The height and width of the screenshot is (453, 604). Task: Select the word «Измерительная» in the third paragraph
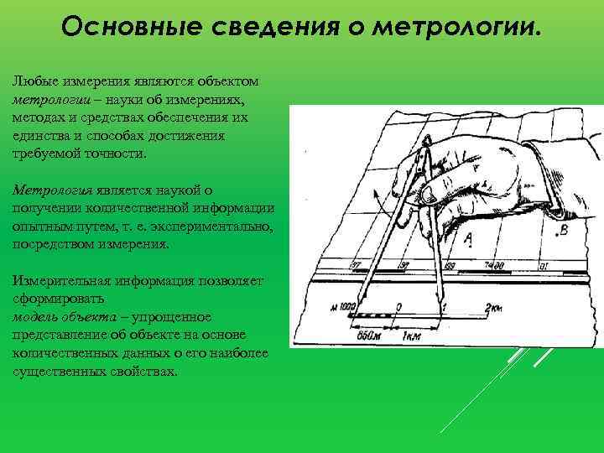pyautogui.click(x=58, y=280)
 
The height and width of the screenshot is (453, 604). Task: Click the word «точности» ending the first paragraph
pyautogui.click(x=117, y=154)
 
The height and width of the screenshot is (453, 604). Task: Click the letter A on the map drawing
pyautogui.click(x=467, y=240)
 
